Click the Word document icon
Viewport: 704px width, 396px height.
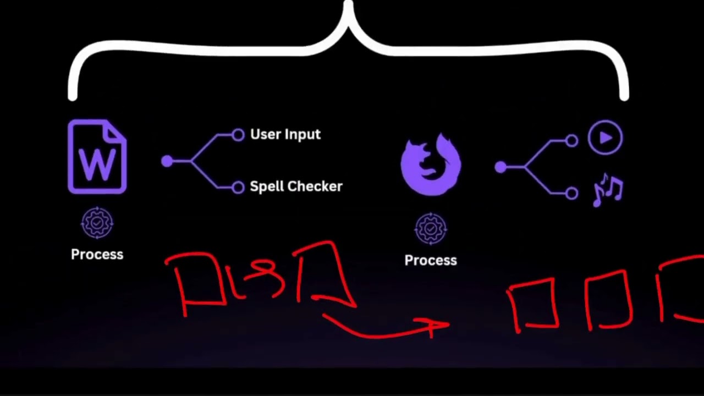[97, 157]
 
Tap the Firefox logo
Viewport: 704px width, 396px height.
[431, 164]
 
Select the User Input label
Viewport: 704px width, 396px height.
[285, 135]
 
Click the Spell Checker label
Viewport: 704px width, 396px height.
[296, 186]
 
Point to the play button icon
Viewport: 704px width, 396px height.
[606, 137]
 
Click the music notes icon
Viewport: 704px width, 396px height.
[608, 190]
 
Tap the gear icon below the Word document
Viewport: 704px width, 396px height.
[97, 223]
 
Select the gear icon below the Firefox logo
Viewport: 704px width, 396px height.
[431, 229]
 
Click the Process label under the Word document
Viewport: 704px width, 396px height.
[97, 254]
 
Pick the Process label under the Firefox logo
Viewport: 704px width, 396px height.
[431, 260]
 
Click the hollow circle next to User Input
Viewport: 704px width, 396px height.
[238, 135]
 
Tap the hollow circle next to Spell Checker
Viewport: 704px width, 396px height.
[238, 188]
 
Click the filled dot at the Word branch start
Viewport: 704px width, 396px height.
[167, 161]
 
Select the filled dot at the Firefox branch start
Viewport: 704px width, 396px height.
[501, 167]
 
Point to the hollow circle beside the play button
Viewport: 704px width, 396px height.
[571, 141]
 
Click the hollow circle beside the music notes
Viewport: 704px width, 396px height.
[571, 193]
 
